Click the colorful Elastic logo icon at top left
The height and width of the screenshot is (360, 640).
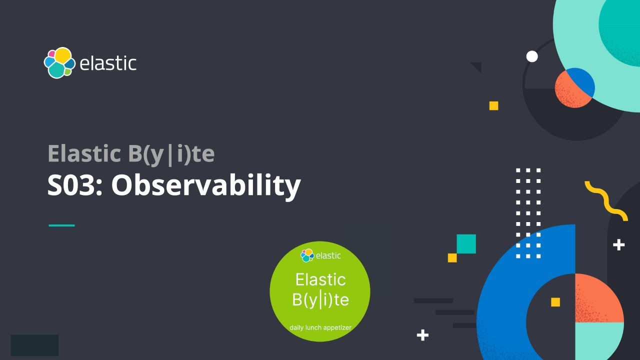tap(59, 63)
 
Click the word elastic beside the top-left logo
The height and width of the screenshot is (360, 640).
tap(108, 63)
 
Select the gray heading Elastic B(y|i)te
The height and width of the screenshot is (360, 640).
tap(131, 154)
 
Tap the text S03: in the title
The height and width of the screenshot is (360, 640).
tap(75, 185)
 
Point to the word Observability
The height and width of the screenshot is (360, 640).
tap(205, 185)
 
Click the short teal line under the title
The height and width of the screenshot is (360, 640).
tap(61, 225)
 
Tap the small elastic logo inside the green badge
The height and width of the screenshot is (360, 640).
tap(320, 255)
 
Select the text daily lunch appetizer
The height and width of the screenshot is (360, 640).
tap(320, 328)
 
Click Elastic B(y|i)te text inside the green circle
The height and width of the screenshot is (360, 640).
tap(320, 290)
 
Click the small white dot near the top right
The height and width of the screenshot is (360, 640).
tap(532, 56)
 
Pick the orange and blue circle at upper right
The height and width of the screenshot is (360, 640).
tap(574, 87)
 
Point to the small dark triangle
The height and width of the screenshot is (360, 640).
tap(476, 66)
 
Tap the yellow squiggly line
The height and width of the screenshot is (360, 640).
tap(606, 200)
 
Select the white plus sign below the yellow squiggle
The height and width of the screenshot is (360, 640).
tap(618, 244)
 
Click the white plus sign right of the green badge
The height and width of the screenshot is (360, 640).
tap(422, 335)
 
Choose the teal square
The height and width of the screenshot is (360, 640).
tap(466, 244)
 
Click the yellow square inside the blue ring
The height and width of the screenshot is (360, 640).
tap(555, 302)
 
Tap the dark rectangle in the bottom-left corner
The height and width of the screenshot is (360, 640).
tap(34, 345)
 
